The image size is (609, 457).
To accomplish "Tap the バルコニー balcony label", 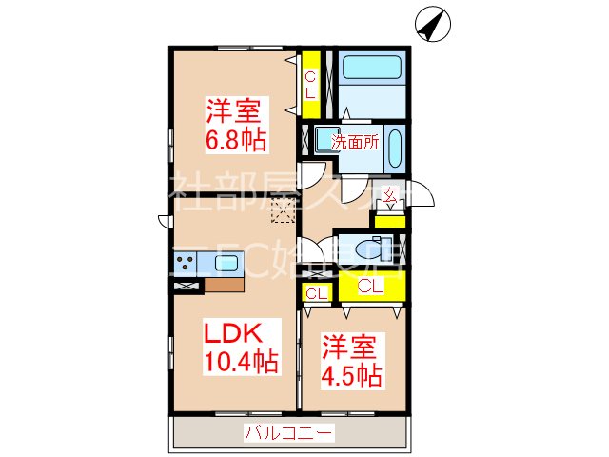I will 288,434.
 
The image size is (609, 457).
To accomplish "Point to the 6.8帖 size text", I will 236,138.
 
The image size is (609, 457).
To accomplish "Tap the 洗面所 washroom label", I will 355,143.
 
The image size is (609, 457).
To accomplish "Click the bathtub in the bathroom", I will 372,70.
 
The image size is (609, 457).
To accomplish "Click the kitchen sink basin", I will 228,263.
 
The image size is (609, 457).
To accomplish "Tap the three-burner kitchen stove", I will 186,261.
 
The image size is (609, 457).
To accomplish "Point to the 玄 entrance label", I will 389,198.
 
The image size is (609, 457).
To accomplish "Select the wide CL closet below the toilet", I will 370,286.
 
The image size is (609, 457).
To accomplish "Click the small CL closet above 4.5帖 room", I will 317,293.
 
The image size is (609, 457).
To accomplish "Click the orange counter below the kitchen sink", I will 224,283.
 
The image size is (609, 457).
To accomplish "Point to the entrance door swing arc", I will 422,195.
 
